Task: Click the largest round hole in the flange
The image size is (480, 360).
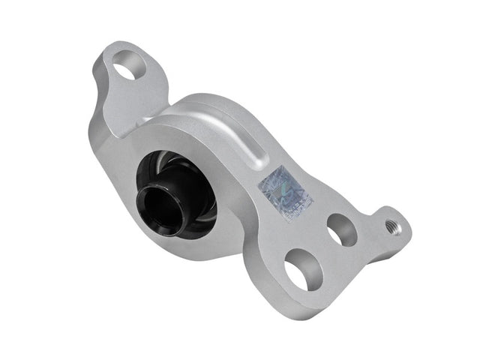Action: point(303,271)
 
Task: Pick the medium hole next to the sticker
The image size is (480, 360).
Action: point(342,230)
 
